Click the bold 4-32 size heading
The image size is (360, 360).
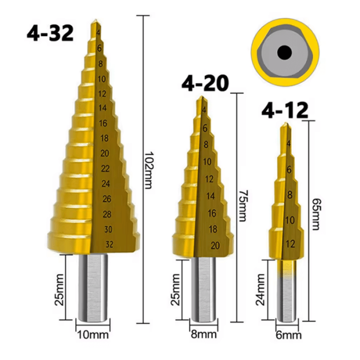(50, 33)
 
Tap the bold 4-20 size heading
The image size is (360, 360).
(205, 83)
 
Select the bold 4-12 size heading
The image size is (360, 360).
(285, 110)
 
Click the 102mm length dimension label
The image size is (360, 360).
(148, 170)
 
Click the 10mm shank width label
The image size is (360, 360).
(93, 334)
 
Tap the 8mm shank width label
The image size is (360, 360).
(204, 334)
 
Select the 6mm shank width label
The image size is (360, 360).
(289, 335)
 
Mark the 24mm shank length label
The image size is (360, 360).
(261, 290)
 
